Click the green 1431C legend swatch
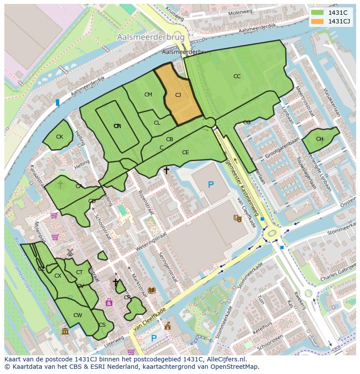pyautogui.click(x=318, y=13)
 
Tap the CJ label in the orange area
pyautogui.click(x=178, y=95)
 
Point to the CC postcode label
pyautogui.click(x=237, y=76)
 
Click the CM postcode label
pyautogui.click(x=148, y=95)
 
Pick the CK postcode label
pyautogui.click(x=60, y=137)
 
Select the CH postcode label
pyautogui.click(x=320, y=139)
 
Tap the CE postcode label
pyautogui.click(x=186, y=152)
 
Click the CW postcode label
pyautogui.click(x=78, y=315)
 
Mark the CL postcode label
pyautogui.click(x=157, y=123)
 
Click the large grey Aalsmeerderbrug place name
pyautogui.click(x=150, y=38)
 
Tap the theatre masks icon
pyautogui.click(x=238, y=218)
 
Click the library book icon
pyautogui.click(x=152, y=290)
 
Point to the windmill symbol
pyautogui.click(x=70, y=252)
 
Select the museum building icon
pyautogui.click(x=65, y=332)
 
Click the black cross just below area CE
pyautogui.click(x=166, y=171)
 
